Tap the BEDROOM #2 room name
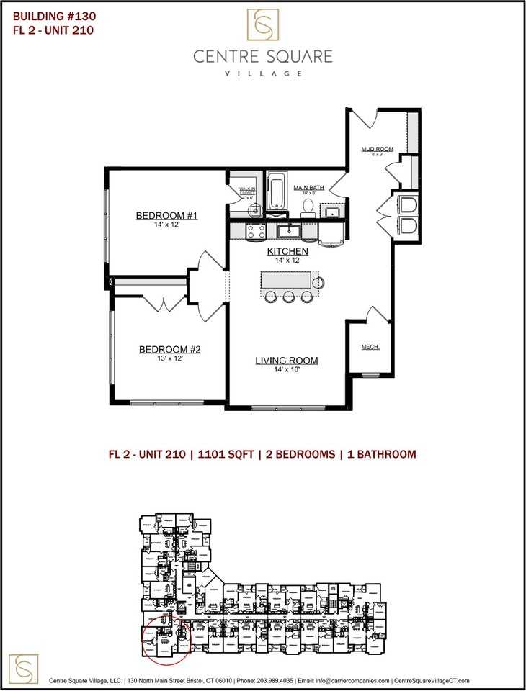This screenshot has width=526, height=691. (x=169, y=350)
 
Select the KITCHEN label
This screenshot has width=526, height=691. (x=288, y=251)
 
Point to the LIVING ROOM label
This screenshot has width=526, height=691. (x=286, y=361)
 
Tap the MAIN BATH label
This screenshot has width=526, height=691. (x=308, y=188)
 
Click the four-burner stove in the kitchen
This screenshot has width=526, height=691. (x=256, y=231)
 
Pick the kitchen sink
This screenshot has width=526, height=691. (x=290, y=230)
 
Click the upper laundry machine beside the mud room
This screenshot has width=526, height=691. (x=407, y=204)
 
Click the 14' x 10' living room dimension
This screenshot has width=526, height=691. (x=286, y=370)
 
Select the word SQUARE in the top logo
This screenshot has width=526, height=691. (x=297, y=56)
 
